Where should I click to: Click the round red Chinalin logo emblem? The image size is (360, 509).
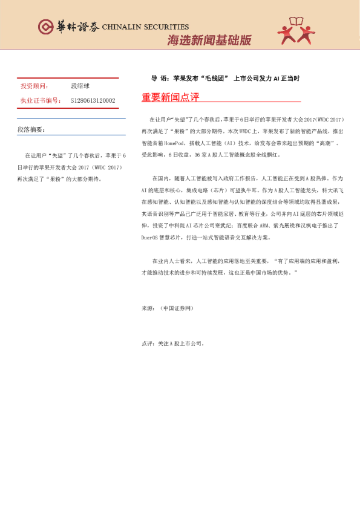click(x=45, y=27)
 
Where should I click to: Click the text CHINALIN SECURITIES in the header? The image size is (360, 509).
click(x=145, y=27)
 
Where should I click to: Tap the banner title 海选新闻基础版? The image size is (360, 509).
click(x=208, y=41)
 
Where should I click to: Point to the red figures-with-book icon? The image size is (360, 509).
click(x=296, y=31)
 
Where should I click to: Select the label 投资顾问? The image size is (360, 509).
click(x=34, y=86)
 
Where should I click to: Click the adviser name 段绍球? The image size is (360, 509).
click(x=80, y=86)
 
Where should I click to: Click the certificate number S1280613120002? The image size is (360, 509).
click(x=93, y=100)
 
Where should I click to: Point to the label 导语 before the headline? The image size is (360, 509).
click(x=159, y=79)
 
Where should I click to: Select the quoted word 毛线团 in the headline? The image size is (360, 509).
click(x=212, y=79)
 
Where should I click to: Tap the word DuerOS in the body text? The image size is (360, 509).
click(x=149, y=221)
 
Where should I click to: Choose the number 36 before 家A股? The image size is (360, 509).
click(x=197, y=154)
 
